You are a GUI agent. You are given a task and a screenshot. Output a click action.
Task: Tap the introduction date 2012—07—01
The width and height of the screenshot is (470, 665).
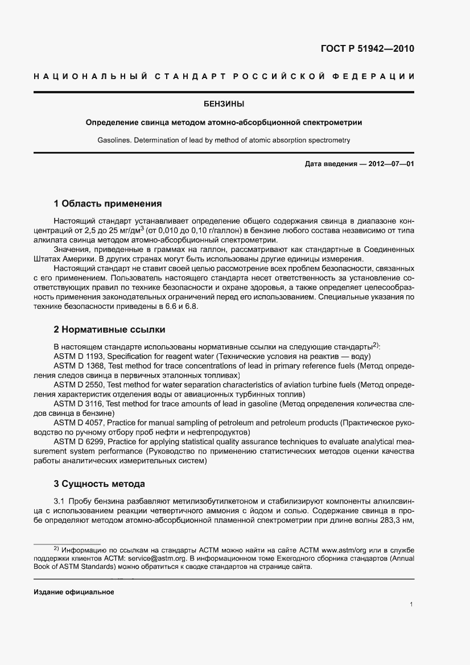[x=384, y=164]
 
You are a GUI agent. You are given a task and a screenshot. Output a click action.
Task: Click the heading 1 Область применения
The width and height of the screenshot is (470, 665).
[x=108, y=203]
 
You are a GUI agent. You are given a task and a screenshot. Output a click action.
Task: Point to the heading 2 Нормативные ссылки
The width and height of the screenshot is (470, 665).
[x=109, y=329]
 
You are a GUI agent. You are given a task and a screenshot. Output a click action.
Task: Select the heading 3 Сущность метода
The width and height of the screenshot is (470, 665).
[x=99, y=484]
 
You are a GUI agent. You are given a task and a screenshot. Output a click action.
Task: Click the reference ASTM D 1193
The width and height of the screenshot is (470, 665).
[x=79, y=356]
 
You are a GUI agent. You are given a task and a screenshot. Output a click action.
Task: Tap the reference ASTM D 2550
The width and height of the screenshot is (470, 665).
[x=79, y=385]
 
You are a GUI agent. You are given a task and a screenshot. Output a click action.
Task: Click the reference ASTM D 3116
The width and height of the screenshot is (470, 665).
[x=79, y=403]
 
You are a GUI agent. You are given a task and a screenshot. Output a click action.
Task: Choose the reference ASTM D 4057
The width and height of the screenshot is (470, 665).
[x=79, y=423]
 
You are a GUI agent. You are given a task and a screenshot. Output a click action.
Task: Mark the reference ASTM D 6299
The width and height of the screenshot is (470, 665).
[x=79, y=441]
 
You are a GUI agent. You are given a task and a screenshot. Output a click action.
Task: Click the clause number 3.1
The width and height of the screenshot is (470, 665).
[x=60, y=501]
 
